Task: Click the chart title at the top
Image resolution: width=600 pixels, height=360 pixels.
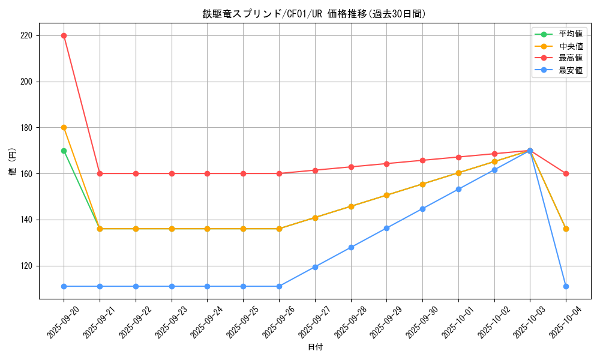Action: click(314, 14)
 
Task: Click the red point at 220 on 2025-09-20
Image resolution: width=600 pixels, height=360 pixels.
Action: click(64, 35)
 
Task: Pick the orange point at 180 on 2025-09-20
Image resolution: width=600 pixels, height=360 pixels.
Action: click(64, 127)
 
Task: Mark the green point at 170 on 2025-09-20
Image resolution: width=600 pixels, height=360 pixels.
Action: click(64, 151)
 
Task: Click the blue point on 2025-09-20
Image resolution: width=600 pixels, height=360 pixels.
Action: click(64, 286)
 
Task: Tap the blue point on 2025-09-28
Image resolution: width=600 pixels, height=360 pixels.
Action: click(351, 247)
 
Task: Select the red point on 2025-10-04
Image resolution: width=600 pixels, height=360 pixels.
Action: click(566, 173)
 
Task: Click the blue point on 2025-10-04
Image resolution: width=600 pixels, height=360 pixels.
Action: click(566, 286)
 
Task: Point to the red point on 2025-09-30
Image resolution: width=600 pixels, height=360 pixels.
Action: click(422, 160)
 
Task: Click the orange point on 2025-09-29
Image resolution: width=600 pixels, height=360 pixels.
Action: click(386, 195)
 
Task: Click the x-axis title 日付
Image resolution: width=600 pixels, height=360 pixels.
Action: click(315, 347)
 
